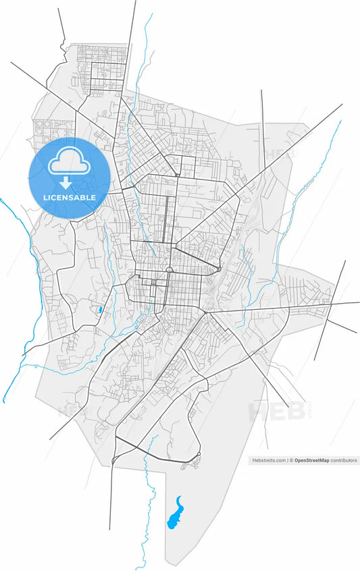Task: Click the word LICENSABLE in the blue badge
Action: tap(70, 197)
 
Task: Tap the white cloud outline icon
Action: tap(70, 161)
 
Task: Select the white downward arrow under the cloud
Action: tap(66, 182)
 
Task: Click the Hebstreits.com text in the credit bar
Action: tap(269, 460)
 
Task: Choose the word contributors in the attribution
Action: tap(344, 460)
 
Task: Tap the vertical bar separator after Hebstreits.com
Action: tap(288, 460)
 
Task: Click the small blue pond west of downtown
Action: tap(100, 310)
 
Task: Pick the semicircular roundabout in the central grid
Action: tap(169, 270)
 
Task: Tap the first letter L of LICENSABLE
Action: tap(45, 197)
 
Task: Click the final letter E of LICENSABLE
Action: tap(93, 197)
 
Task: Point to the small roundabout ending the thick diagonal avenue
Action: tap(220, 270)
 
